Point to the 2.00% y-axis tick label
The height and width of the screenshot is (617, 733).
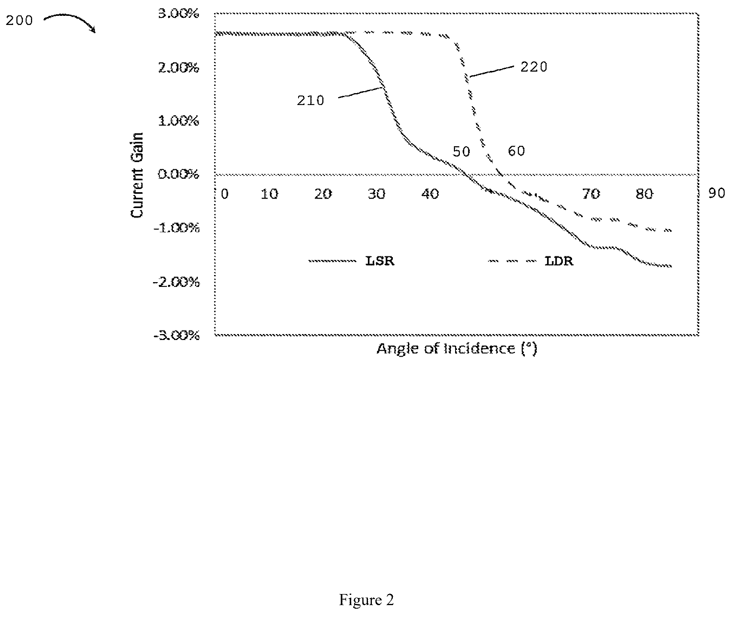[178, 68]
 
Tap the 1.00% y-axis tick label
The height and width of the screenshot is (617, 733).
[178, 121]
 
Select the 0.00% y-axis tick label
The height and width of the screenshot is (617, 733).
[178, 174]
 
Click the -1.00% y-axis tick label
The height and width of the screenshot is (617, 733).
[176, 228]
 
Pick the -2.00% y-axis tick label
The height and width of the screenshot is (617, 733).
[176, 283]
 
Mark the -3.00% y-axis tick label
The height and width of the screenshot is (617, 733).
[176, 336]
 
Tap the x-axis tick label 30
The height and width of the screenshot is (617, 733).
[377, 194]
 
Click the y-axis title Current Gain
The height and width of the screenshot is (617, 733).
[137, 175]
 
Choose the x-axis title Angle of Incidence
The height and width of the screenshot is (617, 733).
[457, 349]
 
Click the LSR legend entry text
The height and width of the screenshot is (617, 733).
[379, 261]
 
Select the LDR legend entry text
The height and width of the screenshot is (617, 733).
[559, 261]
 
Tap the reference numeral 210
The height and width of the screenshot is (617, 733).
[311, 101]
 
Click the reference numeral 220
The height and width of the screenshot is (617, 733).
[534, 67]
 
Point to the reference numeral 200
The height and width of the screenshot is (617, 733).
[19, 20]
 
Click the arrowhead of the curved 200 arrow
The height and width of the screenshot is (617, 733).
[94, 30]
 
